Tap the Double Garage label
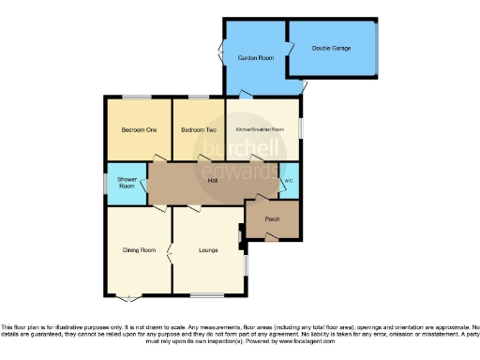331,47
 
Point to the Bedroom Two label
198,130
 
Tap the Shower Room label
126,183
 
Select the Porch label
272,219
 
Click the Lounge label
208,250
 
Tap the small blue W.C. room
290,181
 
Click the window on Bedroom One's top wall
137,97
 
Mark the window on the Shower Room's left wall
104,184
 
